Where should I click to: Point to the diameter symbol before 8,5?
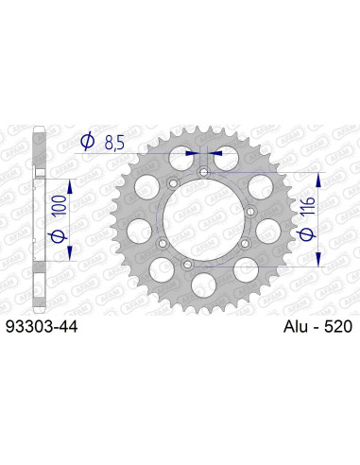pos(88,141)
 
